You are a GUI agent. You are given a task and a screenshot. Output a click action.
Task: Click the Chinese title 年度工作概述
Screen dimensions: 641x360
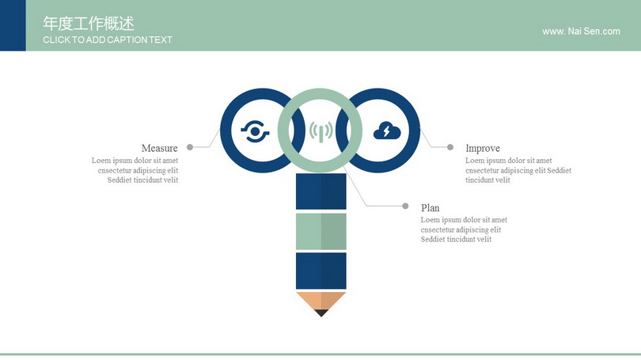pos(89,24)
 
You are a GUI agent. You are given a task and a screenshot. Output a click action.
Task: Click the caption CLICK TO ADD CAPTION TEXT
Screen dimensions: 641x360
pos(108,40)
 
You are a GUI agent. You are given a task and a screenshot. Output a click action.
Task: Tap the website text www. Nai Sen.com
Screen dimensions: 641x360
pos(581,32)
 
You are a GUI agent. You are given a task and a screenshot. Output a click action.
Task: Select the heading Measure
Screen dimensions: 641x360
pos(159,148)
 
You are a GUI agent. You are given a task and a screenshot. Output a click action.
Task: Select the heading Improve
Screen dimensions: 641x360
pos(483,148)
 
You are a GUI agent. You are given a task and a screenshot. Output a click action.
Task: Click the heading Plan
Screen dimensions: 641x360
pos(430,208)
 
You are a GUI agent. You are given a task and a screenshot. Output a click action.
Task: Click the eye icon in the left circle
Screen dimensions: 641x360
pos(255,131)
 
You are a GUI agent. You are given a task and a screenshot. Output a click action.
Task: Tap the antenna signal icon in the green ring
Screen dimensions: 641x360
pos(320,131)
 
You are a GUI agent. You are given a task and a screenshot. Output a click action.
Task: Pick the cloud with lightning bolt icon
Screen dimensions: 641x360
pos(387,131)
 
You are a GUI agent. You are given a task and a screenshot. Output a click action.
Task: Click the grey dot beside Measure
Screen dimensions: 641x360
pos(190,147)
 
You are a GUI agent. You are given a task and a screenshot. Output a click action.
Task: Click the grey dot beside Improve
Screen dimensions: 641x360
pos(450,147)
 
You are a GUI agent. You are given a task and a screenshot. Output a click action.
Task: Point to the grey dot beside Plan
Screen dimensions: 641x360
pos(405,206)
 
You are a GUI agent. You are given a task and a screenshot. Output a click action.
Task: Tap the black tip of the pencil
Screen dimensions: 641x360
pos(321,313)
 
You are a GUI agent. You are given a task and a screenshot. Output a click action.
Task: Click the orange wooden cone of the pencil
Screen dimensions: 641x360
pos(321,301)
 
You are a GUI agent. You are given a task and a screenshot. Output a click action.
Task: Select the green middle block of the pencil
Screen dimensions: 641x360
pos(321,231)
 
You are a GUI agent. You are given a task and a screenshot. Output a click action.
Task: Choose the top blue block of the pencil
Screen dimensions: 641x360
pos(321,191)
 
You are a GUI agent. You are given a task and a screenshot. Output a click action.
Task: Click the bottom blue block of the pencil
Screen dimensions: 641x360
pos(321,271)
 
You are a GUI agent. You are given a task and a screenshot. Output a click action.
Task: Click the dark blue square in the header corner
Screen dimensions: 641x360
pos(13,25)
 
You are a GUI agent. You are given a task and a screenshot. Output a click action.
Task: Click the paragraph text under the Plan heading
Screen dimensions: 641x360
pos(464,229)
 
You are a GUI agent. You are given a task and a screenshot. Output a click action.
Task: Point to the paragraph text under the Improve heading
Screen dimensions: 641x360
pos(518,170)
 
